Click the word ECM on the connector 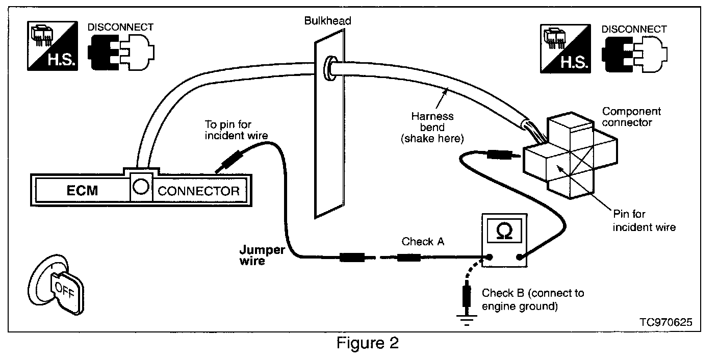click(82, 191)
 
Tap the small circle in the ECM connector click(141, 187)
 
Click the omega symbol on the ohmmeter click(504, 232)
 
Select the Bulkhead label click(327, 21)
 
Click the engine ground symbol click(467, 320)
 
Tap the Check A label click(423, 241)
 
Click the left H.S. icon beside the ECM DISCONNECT click(53, 46)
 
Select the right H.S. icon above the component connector click(566, 48)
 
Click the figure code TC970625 click(666, 322)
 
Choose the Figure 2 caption click(367, 343)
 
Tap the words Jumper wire click(262, 255)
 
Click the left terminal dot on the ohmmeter click(490, 257)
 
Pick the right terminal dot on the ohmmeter click(519, 257)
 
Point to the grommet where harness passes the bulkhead click(329, 68)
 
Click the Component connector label click(631, 117)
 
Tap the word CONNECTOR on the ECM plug click(198, 191)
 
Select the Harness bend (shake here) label click(432, 127)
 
